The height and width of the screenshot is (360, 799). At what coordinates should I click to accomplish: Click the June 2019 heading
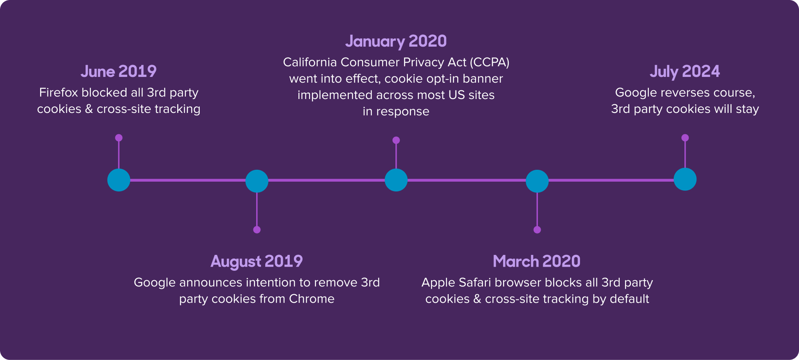[x=119, y=72]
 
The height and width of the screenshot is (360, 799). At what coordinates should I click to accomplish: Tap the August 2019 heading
[x=257, y=261]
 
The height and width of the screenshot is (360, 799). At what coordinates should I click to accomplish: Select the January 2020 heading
[x=396, y=41]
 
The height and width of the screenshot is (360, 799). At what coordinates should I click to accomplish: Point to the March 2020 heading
[x=537, y=261]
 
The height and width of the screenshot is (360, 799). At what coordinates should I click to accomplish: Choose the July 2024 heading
[x=685, y=72]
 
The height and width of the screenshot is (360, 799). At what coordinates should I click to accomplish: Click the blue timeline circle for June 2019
[x=119, y=180]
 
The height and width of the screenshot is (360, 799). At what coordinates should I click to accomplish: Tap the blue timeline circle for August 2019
[x=257, y=181]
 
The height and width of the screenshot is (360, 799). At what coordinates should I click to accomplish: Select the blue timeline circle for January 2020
[x=396, y=180]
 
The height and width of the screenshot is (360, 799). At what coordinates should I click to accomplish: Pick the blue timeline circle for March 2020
[x=537, y=181]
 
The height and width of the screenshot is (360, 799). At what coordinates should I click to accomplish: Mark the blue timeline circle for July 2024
[x=685, y=179]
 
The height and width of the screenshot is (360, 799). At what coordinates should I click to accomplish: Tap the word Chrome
[x=312, y=299]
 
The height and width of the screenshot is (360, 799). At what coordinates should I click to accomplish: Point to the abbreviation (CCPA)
[x=490, y=62]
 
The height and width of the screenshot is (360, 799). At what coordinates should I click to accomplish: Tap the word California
[x=310, y=62]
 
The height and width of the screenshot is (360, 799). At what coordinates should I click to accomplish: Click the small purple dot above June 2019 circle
[x=119, y=138]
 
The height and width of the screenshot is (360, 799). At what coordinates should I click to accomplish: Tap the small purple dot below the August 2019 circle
[x=257, y=229]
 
